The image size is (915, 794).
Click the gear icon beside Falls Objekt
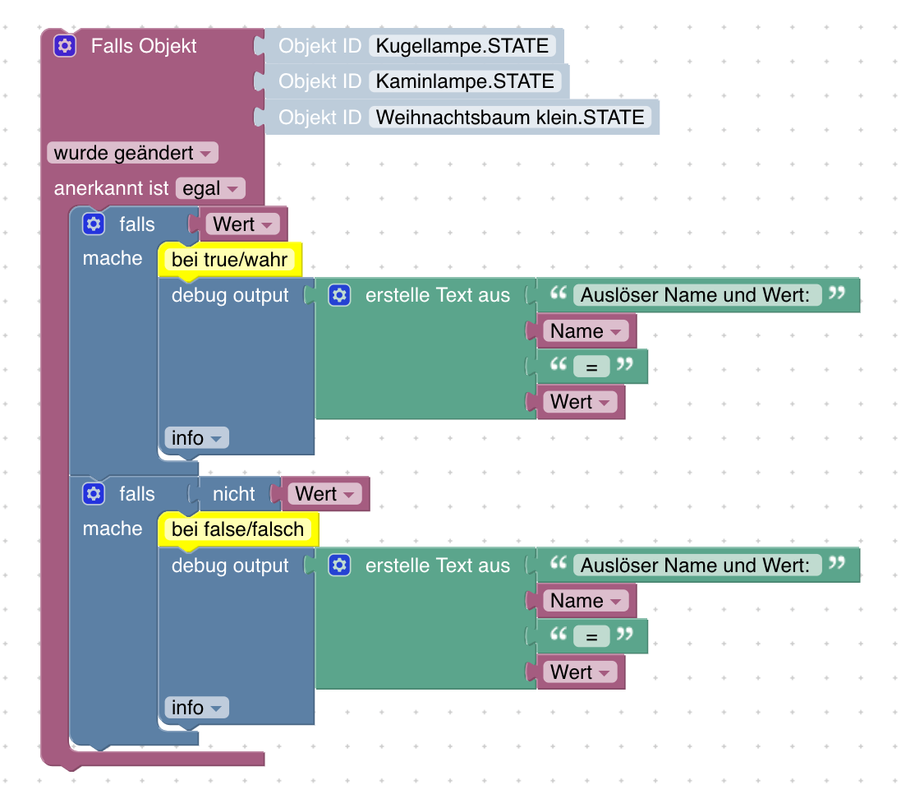coord(65,45)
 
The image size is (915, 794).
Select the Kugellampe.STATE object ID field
coord(462,46)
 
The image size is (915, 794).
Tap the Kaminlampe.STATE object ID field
coord(465,81)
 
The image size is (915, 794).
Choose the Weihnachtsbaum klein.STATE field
coord(509,118)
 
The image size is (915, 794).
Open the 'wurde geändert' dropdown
coord(132,153)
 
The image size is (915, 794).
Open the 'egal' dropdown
coord(210,188)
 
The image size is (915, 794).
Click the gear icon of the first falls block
coord(94,224)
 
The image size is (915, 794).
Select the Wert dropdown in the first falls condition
coord(242,224)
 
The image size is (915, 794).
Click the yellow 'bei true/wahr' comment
coord(229,261)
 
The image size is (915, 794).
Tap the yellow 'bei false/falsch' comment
coord(237,530)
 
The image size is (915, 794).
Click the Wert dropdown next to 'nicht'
coord(324,494)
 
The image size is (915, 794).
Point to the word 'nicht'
coord(233,494)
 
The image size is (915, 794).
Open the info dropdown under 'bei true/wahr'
coord(196,438)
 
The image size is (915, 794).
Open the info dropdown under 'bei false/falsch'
coord(196,708)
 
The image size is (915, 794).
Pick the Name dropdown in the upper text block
coord(586,331)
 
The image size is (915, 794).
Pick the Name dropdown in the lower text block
coord(586,601)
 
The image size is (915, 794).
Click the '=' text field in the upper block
coord(591,367)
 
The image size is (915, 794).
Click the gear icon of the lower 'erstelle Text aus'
coord(339,565)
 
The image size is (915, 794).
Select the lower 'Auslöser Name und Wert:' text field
coord(697,565)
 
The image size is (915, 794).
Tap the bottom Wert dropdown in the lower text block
coord(580,672)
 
